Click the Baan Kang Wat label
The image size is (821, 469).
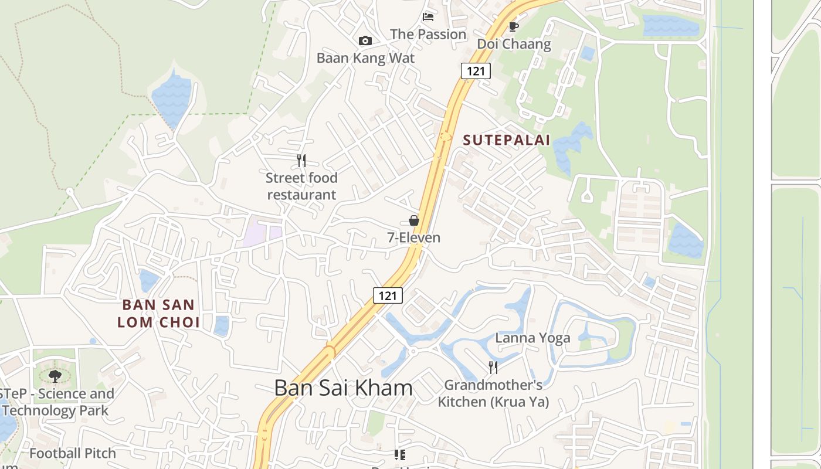coord(365,58)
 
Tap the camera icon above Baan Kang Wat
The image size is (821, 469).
coord(365,40)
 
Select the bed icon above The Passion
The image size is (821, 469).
coord(428,17)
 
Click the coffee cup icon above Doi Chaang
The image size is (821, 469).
coord(514,26)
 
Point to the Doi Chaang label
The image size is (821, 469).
coord(514,44)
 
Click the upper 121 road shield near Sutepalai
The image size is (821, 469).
coord(476,71)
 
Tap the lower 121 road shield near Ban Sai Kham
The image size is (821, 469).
coord(388,295)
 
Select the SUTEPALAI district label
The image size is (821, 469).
coord(507,140)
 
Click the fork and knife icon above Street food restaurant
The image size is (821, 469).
coord(301,160)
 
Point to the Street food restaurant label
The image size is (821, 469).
coord(301,186)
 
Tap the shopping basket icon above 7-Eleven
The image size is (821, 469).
coord(414,220)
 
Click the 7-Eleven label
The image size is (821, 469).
coord(413,237)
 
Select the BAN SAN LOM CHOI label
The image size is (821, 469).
coord(158,314)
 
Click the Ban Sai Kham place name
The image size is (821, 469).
coord(343,388)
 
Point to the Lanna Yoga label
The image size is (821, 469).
coord(532,338)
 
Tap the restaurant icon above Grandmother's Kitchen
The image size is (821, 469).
coord(493,368)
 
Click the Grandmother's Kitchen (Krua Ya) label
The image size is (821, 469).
coord(493,393)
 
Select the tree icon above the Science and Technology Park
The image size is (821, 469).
coord(55,376)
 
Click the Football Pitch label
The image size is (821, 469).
coord(73,453)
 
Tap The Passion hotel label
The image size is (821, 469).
coord(428,35)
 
